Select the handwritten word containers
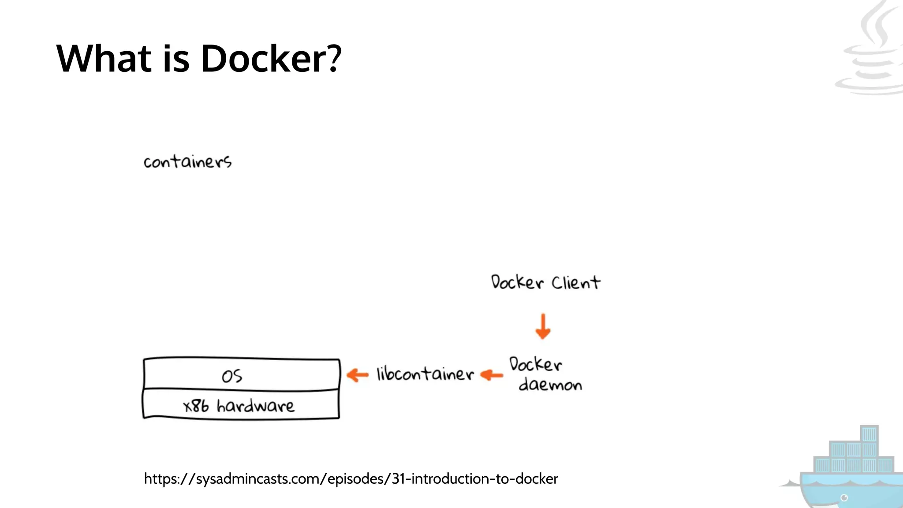click(x=187, y=162)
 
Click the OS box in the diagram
click(x=241, y=375)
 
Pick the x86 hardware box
click(x=241, y=405)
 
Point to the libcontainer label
click(x=425, y=374)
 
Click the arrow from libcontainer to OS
click(x=358, y=375)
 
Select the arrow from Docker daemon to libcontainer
click(x=491, y=375)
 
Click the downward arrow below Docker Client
click(x=543, y=327)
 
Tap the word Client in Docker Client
click(x=576, y=283)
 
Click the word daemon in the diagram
click(x=550, y=385)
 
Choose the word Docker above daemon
click(x=535, y=364)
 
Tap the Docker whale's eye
click(x=844, y=498)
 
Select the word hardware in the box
click(x=255, y=406)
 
